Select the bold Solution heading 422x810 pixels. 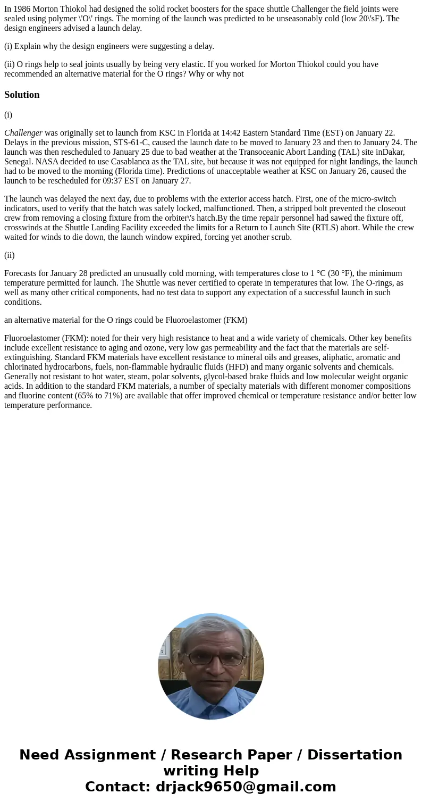point(22,95)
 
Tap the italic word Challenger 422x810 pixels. point(23,133)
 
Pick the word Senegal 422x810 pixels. point(19,162)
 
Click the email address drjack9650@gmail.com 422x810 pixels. point(246,787)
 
